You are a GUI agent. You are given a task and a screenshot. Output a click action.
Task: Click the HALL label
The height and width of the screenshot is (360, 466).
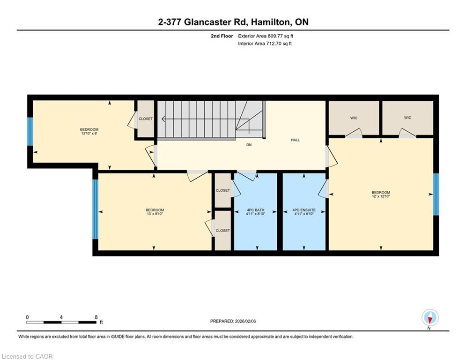pos(295,140)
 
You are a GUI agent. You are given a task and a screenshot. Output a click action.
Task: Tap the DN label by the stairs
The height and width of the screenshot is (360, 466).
pos(249,145)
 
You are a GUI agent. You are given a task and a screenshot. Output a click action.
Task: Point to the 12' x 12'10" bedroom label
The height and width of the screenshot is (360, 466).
pos(381,194)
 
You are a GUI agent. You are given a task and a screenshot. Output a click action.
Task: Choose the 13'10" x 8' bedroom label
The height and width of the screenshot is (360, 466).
pos(89,132)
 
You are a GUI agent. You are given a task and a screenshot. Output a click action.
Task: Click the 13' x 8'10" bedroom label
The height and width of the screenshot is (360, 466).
pos(155,212)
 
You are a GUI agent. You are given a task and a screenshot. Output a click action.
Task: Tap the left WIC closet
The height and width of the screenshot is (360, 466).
pos(354,118)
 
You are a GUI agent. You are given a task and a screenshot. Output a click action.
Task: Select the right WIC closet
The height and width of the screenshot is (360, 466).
pos(407,118)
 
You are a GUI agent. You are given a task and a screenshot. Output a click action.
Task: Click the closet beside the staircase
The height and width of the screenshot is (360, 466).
pos(146,119)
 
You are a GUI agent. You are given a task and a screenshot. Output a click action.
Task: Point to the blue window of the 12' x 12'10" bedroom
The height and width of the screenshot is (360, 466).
pos(436,194)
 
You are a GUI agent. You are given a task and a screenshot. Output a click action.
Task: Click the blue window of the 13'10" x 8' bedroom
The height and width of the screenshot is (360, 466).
pos(30,132)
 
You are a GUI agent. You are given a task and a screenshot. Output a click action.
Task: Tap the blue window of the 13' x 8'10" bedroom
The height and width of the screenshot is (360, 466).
pos(95,209)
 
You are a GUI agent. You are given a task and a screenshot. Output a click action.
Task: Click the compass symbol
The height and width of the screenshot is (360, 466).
pos(430,318)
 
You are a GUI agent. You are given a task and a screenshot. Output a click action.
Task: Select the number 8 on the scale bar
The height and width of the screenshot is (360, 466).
pos(96,317)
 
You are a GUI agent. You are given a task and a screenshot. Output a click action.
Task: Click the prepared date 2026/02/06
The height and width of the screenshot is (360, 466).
pos(245,321)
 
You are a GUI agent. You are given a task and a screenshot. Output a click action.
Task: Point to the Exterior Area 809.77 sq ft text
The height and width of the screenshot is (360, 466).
pos(266,36)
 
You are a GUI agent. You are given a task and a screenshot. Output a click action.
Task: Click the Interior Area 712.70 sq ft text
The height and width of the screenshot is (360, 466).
pos(265,44)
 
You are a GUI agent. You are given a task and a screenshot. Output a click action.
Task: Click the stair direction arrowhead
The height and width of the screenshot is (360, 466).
pos(163,119)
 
